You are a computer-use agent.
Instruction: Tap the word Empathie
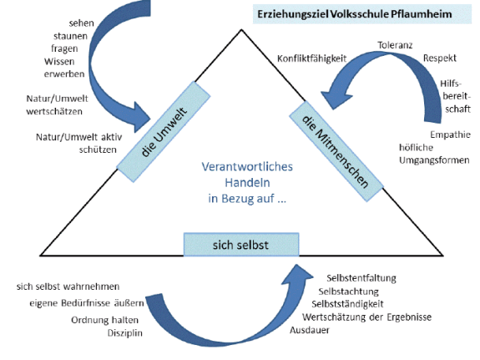[x=449, y=134]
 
